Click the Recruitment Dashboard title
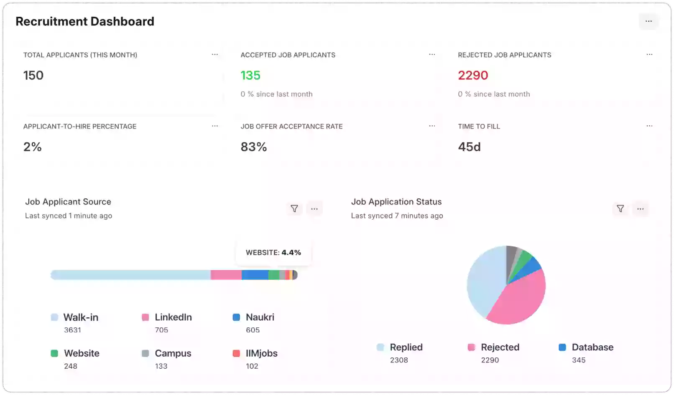tap(85, 21)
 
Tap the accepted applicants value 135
tap(250, 75)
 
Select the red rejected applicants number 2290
tap(473, 75)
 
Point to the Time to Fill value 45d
tap(469, 147)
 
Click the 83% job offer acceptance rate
tap(254, 147)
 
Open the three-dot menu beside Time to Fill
tap(649, 126)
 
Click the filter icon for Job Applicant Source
tap(294, 209)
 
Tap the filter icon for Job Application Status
tap(620, 209)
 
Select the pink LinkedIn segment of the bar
tap(226, 275)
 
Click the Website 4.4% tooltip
tap(273, 253)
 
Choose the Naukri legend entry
tap(260, 317)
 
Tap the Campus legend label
tap(173, 353)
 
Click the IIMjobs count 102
tap(252, 366)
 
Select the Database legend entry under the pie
tap(592, 347)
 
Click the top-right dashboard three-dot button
tap(648, 21)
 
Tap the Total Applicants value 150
tap(33, 75)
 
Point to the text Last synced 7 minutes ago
tap(397, 216)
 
